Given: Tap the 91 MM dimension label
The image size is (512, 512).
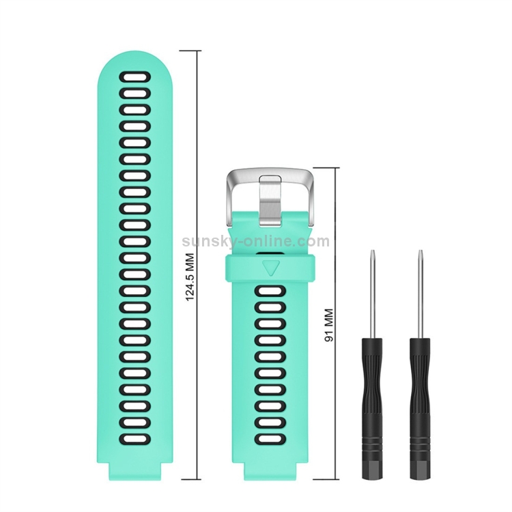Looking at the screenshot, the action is pyautogui.click(x=329, y=325).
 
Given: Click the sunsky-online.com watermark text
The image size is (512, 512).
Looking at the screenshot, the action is pyautogui.click(x=256, y=242).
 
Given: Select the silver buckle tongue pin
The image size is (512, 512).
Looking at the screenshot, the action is pyautogui.click(x=270, y=200).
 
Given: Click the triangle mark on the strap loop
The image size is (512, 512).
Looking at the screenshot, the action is pyautogui.click(x=271, y=268).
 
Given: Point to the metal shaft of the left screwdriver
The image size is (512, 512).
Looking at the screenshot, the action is pyautogui.click(x=372, y=294).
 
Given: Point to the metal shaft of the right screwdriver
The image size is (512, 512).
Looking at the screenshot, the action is pyautogui.click(x=421, y=294).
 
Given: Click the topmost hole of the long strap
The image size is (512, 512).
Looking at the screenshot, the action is pyautogui.click(x=135, y=77).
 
